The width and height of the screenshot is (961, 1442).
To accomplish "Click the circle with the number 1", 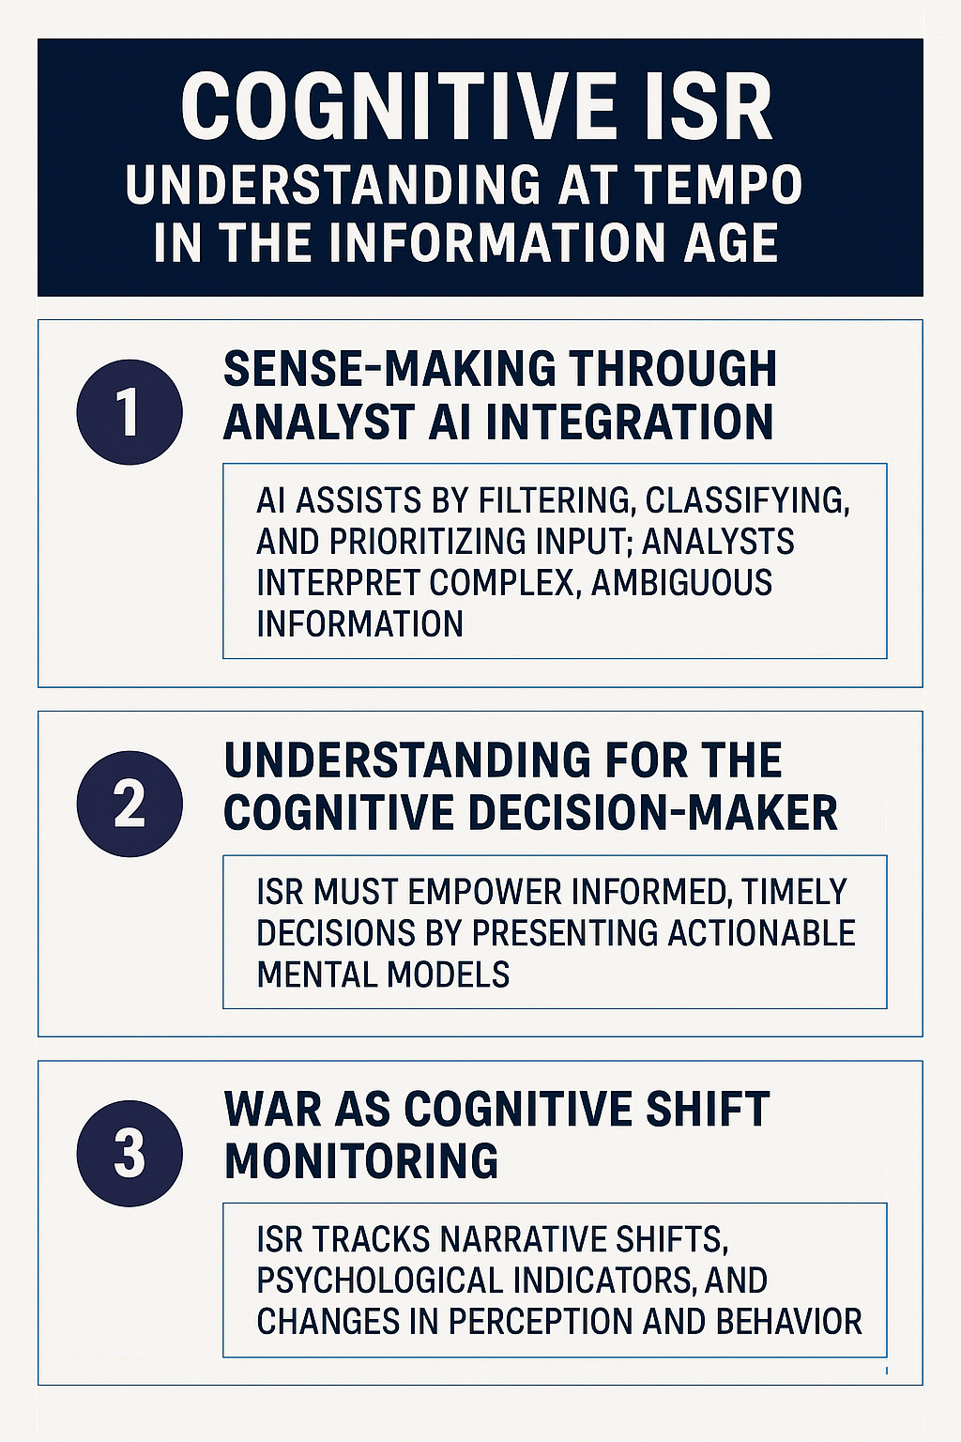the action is tap(129, 412).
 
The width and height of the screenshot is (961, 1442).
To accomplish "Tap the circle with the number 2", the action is tap(129, 804).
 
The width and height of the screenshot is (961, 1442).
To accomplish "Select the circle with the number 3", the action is tap(129, 1153).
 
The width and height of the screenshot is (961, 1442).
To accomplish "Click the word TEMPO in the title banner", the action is tap(716, 185).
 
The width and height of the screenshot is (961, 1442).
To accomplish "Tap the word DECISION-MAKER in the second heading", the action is tap(652, 813).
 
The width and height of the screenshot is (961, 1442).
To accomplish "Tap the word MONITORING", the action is tap(361, 1161).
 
